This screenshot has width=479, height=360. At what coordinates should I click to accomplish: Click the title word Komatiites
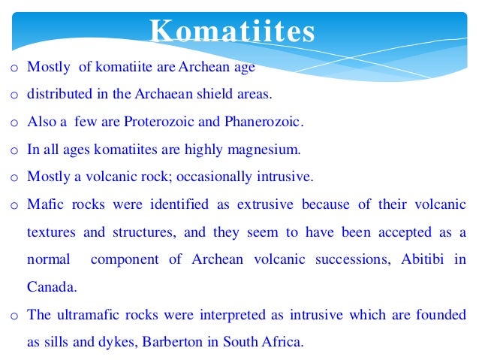[232, 32]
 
